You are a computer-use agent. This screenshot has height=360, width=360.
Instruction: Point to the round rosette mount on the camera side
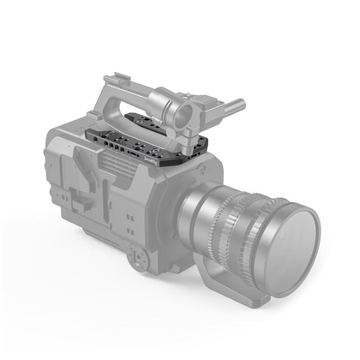coord(139,256)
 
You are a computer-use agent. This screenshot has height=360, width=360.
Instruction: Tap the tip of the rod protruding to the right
coord(241,103)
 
